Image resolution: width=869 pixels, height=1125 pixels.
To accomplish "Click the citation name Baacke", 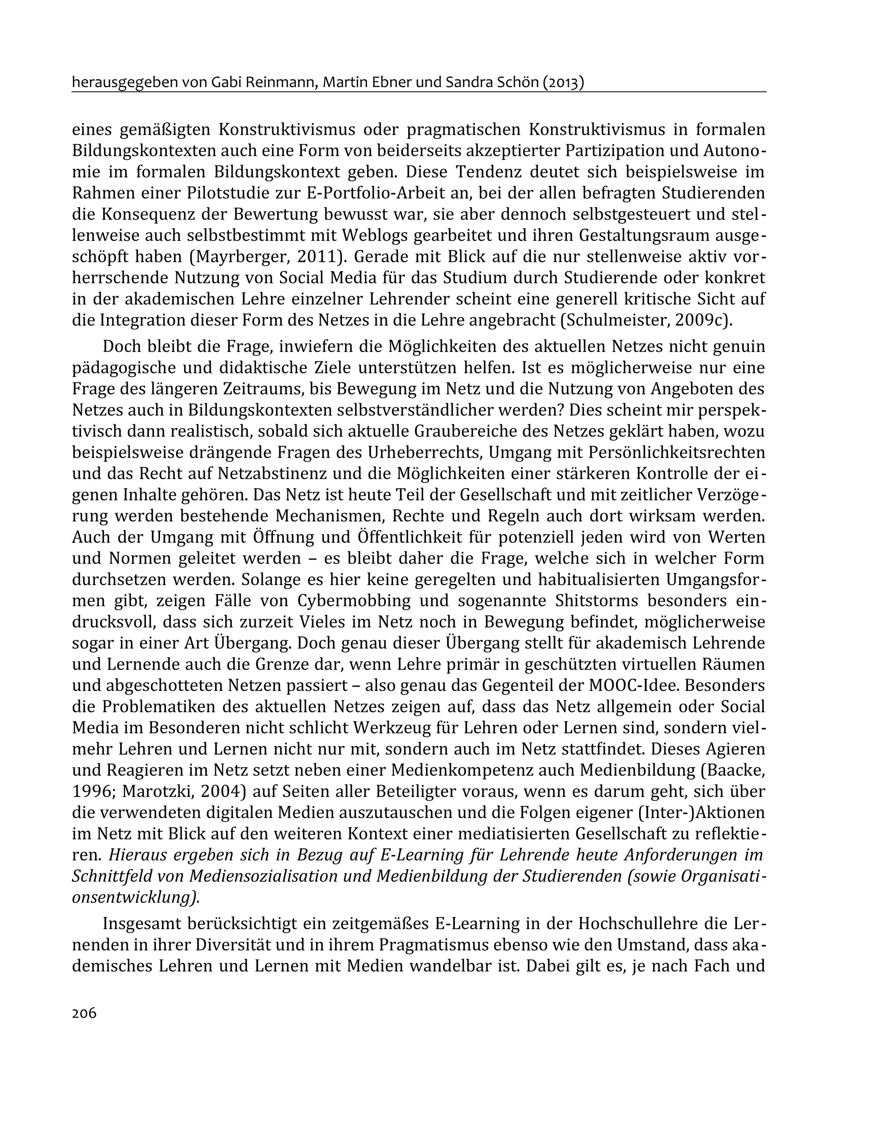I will pos(736,770).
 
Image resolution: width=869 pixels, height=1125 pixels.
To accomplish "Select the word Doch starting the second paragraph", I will pos(120,347).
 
